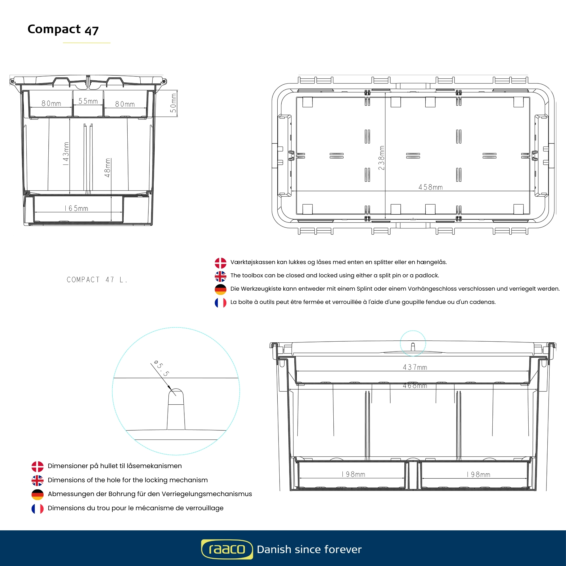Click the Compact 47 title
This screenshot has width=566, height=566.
coord(63,29)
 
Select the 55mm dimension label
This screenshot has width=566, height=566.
coord(88,101)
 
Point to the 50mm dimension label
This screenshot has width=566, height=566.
coord(173,103)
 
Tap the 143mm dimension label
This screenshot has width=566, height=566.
coord(66,154)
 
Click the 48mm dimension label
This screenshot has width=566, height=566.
coord(108,168)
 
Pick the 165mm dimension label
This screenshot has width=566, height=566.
coord(76,208)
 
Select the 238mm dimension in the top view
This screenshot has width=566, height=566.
coord(381,158)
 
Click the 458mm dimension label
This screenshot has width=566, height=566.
coord(430,187)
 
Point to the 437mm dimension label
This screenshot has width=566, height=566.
coord(415,367)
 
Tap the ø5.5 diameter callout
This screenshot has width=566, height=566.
coord(161,368)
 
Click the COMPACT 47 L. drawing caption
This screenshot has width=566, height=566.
coord(97,280)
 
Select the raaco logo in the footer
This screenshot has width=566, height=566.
coord(227,549)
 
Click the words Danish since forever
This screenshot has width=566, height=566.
coord(309,549)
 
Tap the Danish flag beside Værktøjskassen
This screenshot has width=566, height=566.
coord(220,263)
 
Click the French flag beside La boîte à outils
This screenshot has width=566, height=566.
coord(220,303)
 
